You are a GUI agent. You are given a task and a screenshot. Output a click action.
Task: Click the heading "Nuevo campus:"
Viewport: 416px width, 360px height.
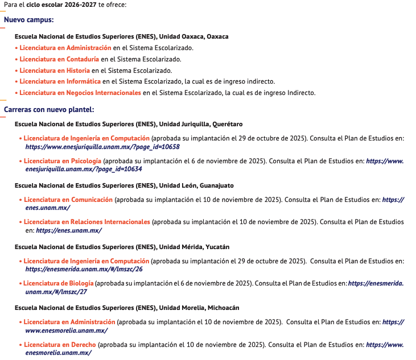click(x=29, y=20)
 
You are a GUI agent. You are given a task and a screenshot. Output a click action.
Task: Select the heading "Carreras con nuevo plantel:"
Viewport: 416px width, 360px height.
click(x=49, y=109)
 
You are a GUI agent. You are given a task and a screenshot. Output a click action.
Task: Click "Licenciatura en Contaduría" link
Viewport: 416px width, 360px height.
click(x=59, y=59)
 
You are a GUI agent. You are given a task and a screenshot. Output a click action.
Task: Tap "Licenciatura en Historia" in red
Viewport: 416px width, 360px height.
click(x=54, y=71)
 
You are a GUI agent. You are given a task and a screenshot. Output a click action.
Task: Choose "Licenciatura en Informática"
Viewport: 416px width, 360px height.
click(x=60, y=81)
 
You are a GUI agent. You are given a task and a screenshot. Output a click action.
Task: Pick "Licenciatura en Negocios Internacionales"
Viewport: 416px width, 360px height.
click(x=80, y=93)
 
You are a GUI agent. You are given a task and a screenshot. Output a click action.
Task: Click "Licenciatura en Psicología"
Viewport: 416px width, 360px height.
click(x=63, y=161)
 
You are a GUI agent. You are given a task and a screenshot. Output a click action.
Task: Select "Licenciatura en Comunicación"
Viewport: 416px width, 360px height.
click(x=68, y=200)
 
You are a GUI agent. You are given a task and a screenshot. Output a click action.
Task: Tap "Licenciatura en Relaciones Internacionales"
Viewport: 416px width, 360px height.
click(x=87, y=222)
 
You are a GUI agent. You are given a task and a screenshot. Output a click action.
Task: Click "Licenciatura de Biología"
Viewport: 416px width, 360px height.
click(x=59, y=283)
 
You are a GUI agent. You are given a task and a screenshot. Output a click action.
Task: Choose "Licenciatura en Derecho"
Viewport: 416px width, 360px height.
click(x=60, y=345)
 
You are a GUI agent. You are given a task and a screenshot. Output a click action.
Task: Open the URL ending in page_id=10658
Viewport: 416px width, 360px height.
click(x=102, y=147)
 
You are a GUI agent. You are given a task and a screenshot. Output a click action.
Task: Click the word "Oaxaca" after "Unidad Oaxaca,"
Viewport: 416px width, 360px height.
click(x=217, y=36)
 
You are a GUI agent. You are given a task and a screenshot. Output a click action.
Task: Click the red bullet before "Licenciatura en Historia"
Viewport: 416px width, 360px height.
click(x=17, y=71)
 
